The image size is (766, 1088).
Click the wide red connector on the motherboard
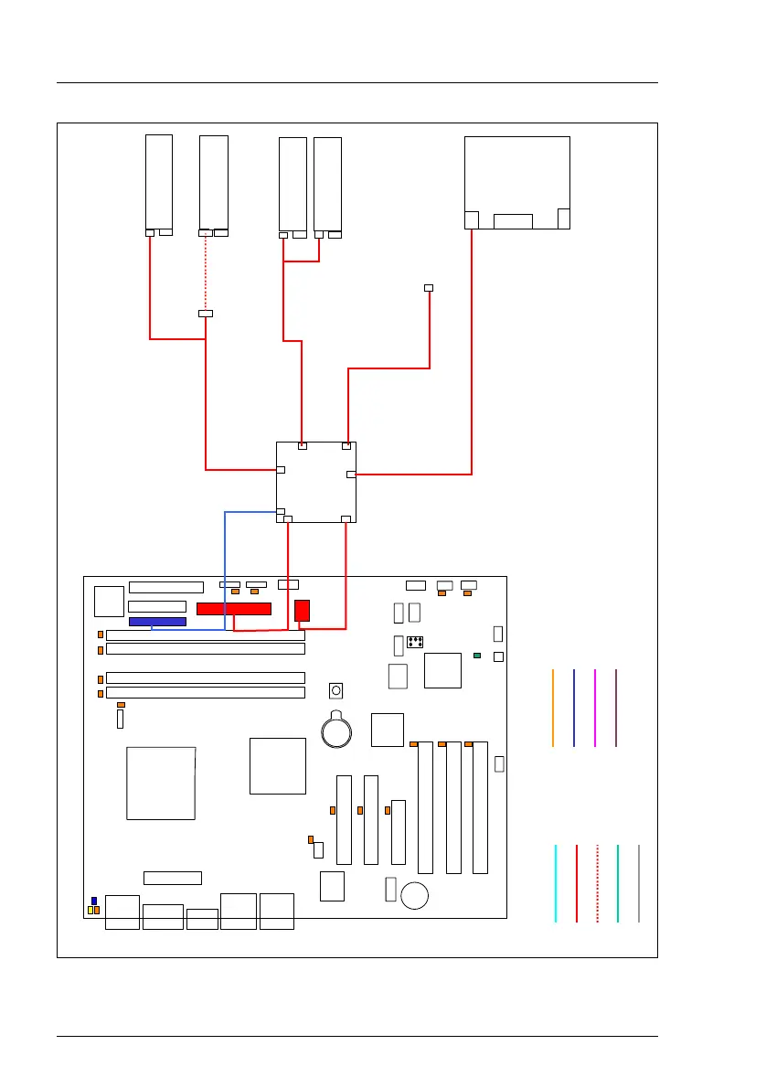[234, 609]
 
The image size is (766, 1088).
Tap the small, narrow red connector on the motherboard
[303, 610]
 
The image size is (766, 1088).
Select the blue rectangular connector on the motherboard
[157, 622]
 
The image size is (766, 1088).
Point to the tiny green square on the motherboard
[477, 656]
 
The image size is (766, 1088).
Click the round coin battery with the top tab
[338, 730]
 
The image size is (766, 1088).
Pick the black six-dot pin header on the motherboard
[414, 641]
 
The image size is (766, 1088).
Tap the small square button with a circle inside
[336, 690]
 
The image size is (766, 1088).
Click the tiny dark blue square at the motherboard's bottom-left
[93, 901]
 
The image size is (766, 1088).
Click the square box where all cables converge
[316, 482]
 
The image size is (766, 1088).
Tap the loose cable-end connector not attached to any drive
[429, 288]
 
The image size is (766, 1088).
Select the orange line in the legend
[553, 708]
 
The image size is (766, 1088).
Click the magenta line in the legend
[595, 708]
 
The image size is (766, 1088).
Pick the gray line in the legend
[639, 883]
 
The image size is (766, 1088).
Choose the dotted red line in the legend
[597, 883]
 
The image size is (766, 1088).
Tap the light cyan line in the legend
[555, 883]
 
